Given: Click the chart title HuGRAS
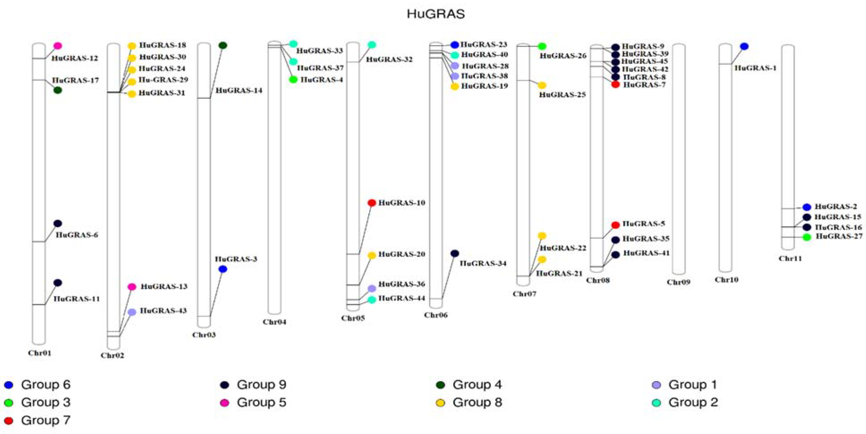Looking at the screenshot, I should [x=436, y=14].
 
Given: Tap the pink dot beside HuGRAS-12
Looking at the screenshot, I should [x=58, y=46].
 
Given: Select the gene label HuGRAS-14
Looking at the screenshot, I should [x=239, y=90].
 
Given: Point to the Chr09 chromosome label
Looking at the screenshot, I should [x=678, y=282].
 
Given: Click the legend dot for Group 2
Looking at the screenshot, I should [x=656, y=403].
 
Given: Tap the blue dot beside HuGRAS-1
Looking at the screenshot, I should [x=744, y=46].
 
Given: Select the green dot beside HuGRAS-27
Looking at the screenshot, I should [x=807, y=237].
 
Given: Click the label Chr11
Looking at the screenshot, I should [x=790, y=258].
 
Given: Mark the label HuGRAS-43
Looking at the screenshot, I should [x=163, y=311].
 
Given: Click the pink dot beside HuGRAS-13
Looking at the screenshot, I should [x=132, y=287].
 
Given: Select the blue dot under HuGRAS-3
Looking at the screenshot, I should [x=222, y=269].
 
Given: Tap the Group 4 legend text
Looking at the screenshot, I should [x=477, y=385].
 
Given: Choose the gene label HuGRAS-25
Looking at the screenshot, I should [x=562, y=95].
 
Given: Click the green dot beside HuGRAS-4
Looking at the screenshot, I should [x=293, y=80].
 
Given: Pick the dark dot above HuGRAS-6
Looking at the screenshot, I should [x=58, y=223].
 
